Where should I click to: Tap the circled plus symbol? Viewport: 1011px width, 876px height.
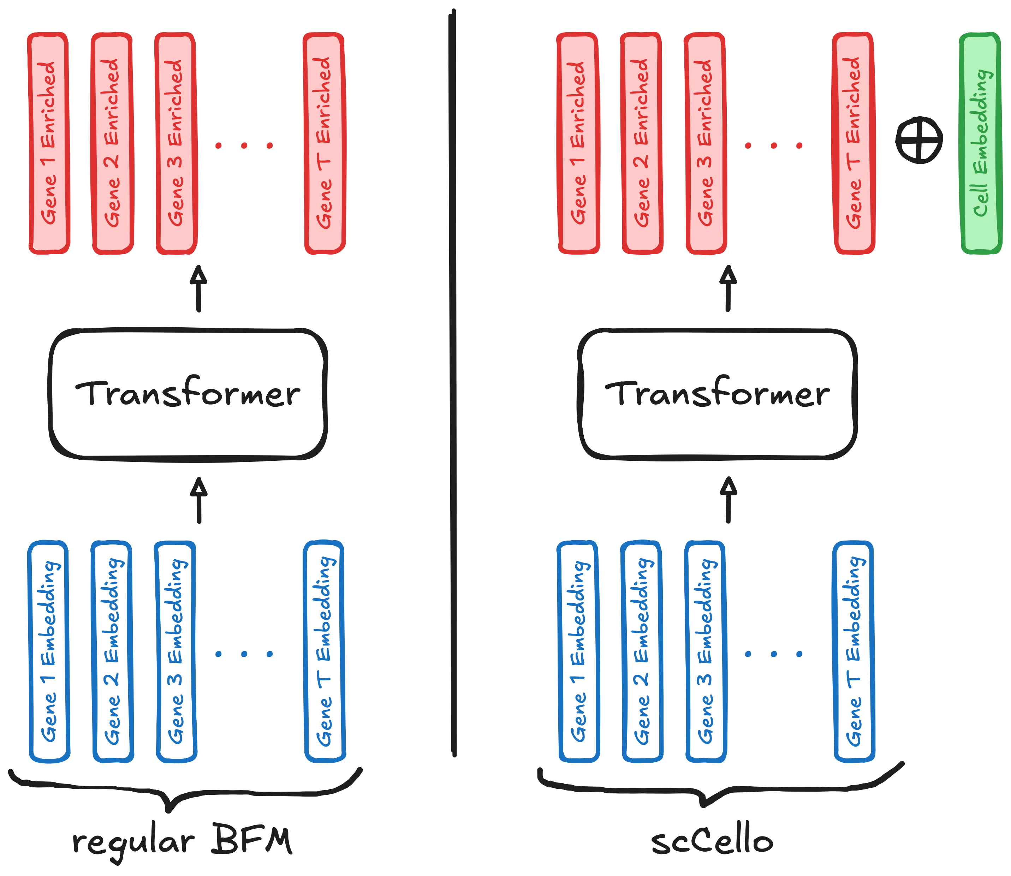(919, 139)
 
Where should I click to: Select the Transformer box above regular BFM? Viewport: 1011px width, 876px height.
(188, 394)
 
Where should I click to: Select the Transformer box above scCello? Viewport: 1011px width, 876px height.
(717, 394)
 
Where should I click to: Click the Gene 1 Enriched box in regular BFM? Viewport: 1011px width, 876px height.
(49, 143)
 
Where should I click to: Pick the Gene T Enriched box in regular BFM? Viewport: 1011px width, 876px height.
(325, 143)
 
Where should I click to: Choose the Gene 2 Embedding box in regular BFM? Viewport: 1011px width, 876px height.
(112, 652)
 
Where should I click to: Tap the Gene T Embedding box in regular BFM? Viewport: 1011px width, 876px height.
(325, 652)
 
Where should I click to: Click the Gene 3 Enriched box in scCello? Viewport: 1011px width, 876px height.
(706, 143)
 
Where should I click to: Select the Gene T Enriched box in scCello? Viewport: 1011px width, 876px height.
(854, 143)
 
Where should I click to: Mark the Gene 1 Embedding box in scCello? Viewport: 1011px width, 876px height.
(578, 652)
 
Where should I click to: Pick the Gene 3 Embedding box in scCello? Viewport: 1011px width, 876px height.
(706, 652)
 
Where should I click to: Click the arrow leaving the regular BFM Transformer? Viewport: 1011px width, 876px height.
(198, 288)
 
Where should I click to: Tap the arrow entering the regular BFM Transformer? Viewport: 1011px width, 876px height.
(198, 500)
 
